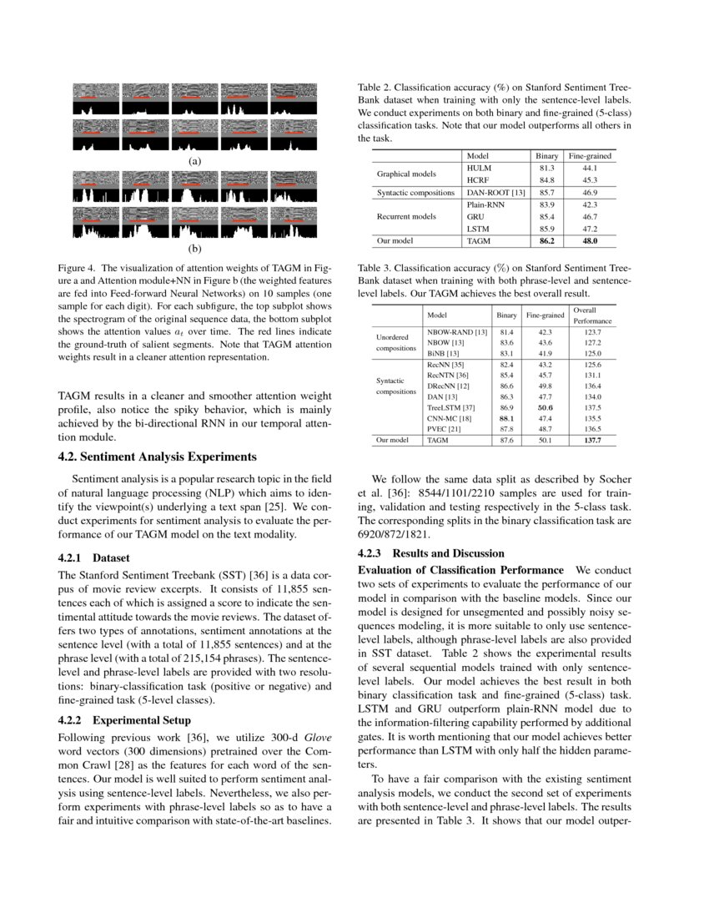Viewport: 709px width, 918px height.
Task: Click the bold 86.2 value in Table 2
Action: pos(546,240)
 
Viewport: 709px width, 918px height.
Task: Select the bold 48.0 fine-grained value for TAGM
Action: pos(590,240)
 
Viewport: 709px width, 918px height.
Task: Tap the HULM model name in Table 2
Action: pos(479,168)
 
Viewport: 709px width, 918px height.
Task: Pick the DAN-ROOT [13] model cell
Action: pos(495,192)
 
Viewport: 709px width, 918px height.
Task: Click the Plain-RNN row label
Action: pos(485,204)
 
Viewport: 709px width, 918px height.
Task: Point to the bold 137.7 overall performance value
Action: pos(593,439)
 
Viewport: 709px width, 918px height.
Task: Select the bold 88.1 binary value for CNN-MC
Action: pos(506,418)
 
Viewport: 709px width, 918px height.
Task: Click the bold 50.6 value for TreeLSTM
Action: pos(545,407)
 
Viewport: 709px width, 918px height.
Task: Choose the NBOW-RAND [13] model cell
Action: pos(456,332)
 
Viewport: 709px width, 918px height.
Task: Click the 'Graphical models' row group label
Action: pos(406,174)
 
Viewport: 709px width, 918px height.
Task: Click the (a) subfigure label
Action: pos(194,160)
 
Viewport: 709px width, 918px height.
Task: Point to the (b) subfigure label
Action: pos(194,249)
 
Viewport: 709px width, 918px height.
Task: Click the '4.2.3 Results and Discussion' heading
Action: pos(430,553)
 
